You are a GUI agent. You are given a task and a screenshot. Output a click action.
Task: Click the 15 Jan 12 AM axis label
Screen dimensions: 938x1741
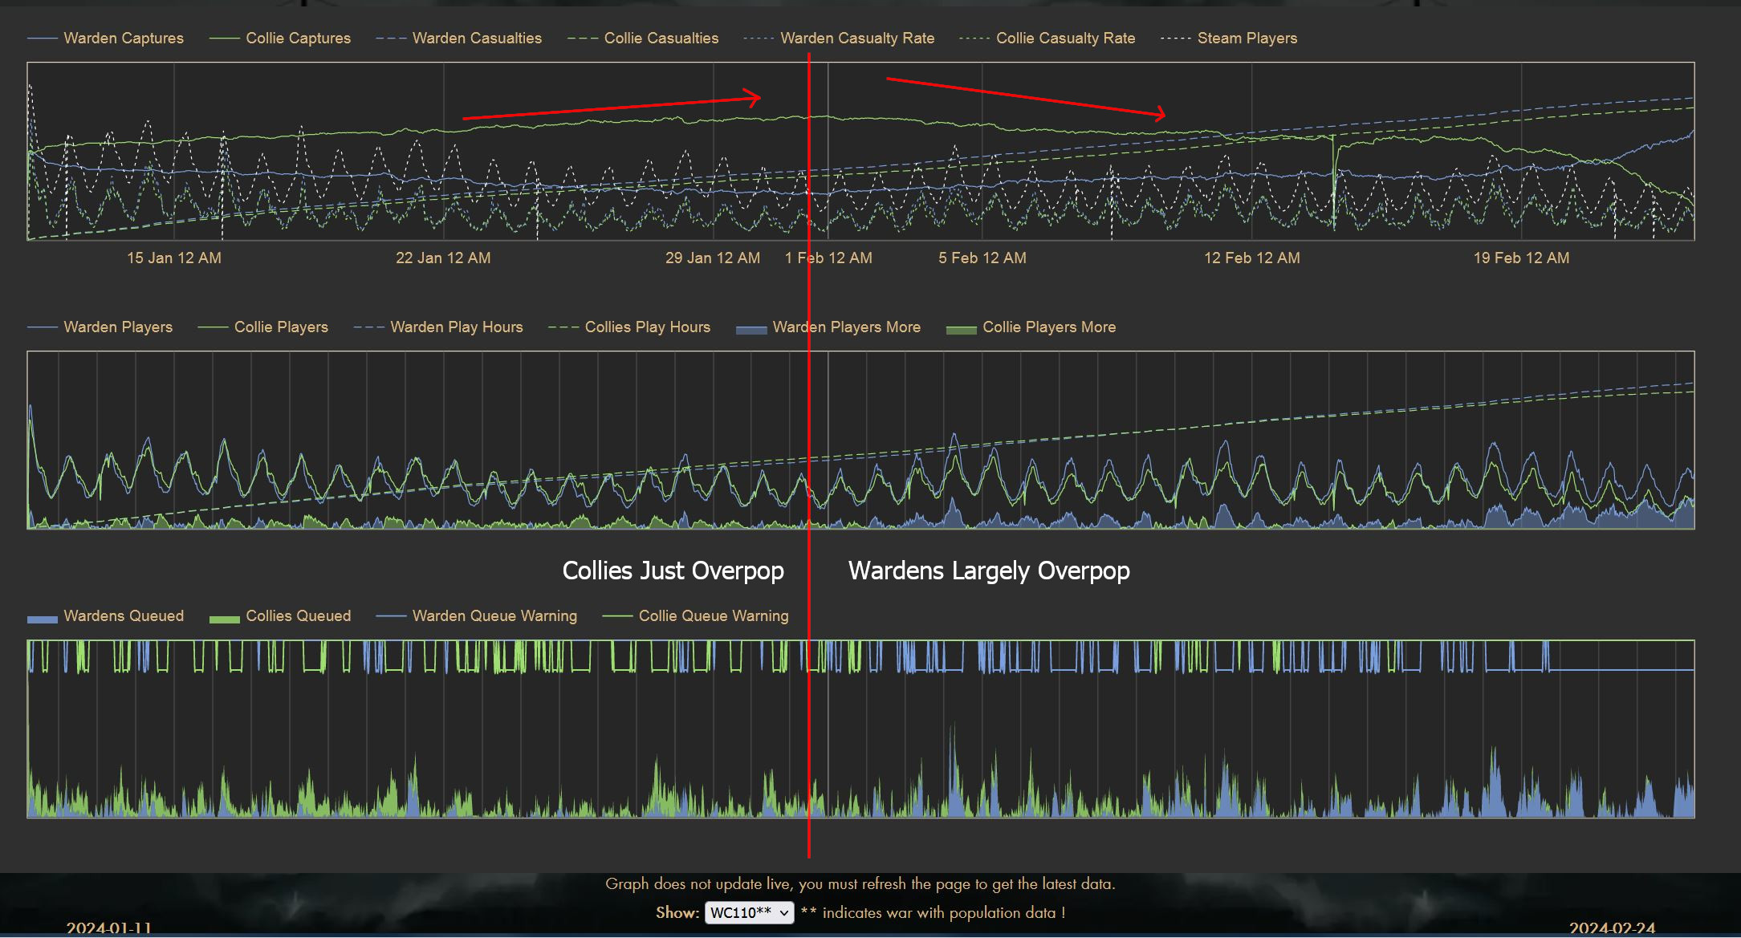[174, 258]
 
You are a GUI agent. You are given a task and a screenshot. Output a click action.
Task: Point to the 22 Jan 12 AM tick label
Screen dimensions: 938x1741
[443, 258]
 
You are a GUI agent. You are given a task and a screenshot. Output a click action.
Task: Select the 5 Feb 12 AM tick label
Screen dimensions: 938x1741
[982, 258]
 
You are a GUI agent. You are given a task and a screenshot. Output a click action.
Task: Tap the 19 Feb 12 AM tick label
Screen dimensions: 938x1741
[1521, 258]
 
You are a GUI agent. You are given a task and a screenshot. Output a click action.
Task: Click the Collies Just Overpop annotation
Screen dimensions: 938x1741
[673, 571]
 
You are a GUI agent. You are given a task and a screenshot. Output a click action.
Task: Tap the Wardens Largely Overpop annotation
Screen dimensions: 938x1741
[989, 571]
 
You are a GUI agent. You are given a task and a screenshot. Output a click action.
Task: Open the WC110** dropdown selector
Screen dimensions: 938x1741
[749, 912]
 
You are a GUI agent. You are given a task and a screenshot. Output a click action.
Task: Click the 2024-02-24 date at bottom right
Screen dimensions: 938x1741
[1612, 928]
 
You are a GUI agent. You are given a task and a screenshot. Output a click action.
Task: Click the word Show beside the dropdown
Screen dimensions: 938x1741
[677, 912]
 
